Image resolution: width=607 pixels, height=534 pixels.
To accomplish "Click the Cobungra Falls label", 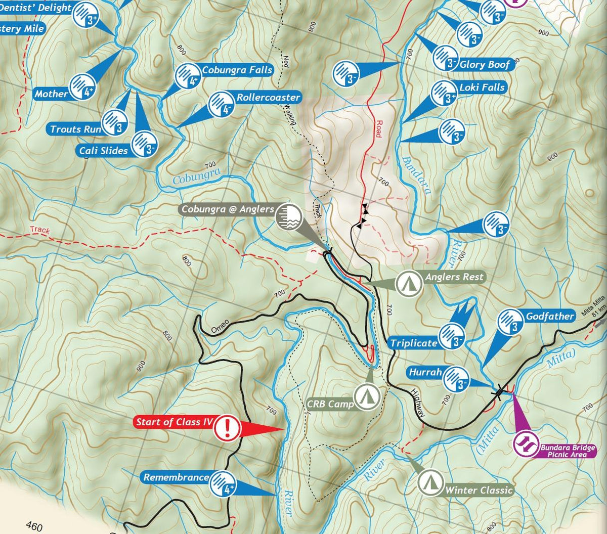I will pyautogui.click(x=237, y=70).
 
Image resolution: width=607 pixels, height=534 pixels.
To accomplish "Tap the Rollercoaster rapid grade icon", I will pyautogui.click(x=221, y=104).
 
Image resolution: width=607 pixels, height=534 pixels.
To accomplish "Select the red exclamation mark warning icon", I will pyautogui.click(x=227, y=428).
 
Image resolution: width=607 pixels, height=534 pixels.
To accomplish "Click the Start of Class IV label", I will pyautogui.click(x=174, y=422).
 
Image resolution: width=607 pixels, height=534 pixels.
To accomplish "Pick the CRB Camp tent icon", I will pyautogui.click(x=367, y=396).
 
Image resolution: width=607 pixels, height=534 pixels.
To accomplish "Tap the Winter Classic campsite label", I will pyautogui.click(x=479, y=490).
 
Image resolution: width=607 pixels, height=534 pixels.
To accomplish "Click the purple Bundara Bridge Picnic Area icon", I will pyautogui.click(x=526, y=444).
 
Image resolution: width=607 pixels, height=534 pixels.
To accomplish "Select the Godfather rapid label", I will pyautogui.click(x=550, y=317).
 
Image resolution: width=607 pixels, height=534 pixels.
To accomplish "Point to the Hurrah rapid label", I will pyautogui.click(x=425, y=373).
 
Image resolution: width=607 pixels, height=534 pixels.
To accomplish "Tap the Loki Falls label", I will pyautogui.click(x=482, y=87).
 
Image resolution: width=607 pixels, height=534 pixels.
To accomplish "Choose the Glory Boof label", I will pyautogui.click(x=485, y=64).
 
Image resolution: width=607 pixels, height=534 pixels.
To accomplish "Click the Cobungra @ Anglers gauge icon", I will pyautogui.click(x=288, y=217).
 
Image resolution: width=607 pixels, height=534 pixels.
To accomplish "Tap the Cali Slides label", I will pyautogui.click(x=103, y=151).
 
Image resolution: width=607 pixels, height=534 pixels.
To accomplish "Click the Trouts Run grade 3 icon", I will pyautogui.click(x=115, y=123).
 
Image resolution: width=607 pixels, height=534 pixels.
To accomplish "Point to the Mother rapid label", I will pyautogui.click(x=51, y=94).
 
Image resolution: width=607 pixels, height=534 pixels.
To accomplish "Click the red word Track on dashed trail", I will pyautogui.click(x=39, y=230).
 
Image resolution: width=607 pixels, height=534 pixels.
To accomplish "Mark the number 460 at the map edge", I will pyautogui.click(x=33, y=527).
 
